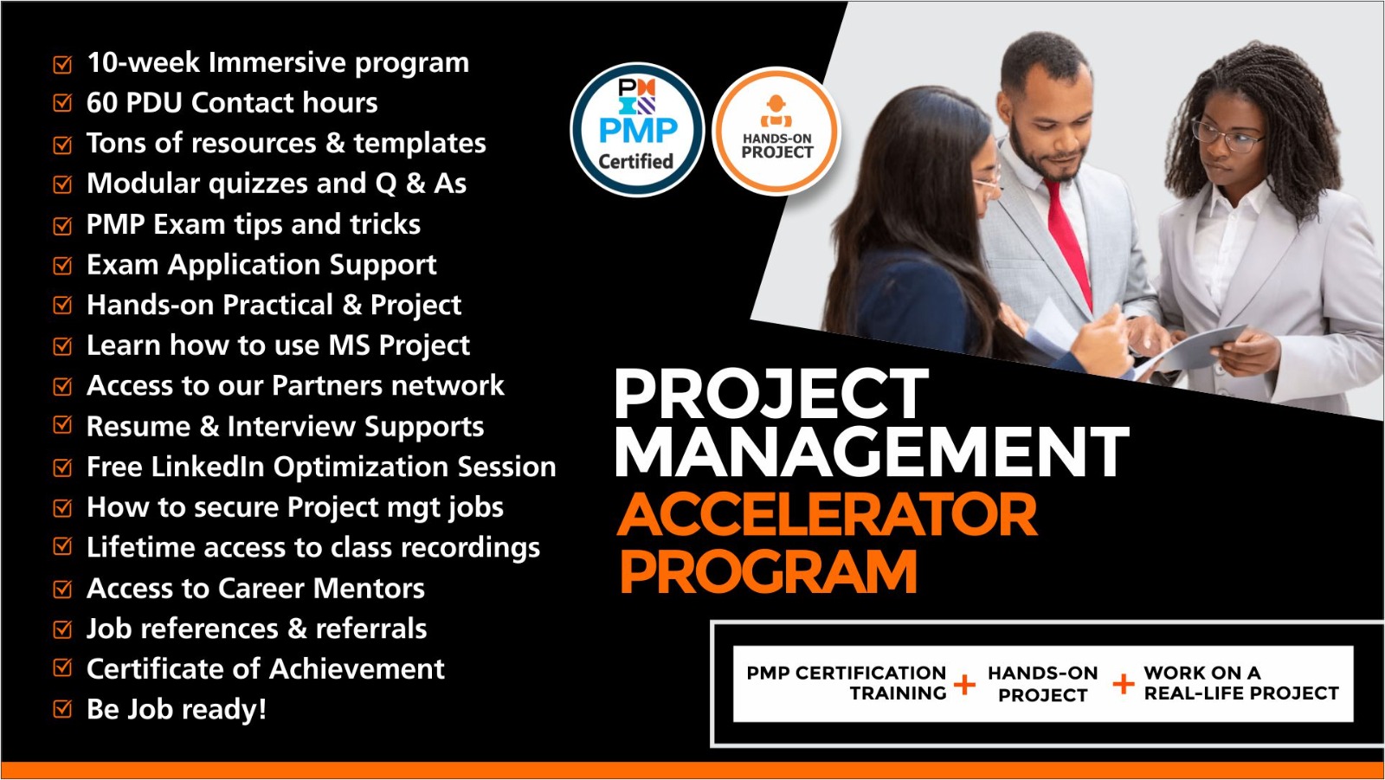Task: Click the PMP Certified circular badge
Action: [637, 130]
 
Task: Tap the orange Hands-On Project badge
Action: [776, 131]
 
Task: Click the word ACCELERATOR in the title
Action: [828, 514]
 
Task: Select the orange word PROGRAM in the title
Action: [768, 572]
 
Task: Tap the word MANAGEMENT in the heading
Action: [872, 451]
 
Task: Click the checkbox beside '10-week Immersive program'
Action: [62, 64]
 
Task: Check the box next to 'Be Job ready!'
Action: [62, 709]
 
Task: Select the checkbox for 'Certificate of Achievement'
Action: [62, 668]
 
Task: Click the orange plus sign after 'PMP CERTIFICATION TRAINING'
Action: [964, 685]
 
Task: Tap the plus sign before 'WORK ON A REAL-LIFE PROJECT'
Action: [1123, 684]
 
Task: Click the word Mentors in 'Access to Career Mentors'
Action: [369, 589]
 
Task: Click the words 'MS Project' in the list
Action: [399, 345]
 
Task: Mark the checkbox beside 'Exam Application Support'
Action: [62, 266]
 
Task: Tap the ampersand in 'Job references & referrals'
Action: [297, 629]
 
